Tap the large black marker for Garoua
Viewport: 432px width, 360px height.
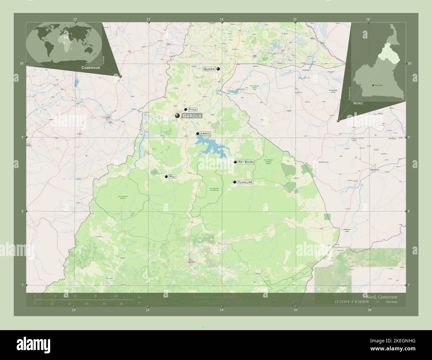coord(177,116)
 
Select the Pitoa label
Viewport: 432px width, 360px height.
coord(192,109)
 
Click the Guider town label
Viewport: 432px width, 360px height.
coord(209,69)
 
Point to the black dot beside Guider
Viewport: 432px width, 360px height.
coord(218,69)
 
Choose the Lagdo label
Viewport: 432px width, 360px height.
coord(205,133)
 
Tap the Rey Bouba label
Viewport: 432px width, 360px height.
coord(246,162)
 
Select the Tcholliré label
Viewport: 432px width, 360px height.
coord(245,182)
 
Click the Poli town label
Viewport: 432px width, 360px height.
coord(172,177)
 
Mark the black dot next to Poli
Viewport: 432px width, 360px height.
coord(166,177)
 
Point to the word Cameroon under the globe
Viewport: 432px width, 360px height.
coord(91,67)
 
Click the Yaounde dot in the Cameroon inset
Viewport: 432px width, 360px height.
coord(373,85)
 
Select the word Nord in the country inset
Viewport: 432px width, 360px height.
coord(358,103)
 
